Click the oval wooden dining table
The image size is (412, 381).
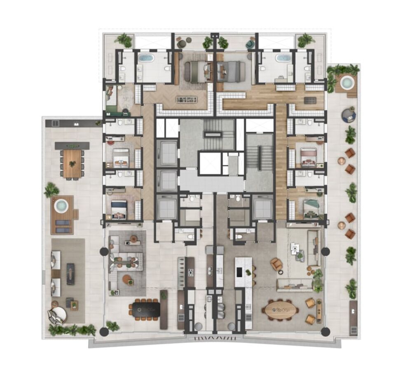pyautogui.click(x=281, y=310)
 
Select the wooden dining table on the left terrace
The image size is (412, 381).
pyautogui.click(x=73, y=163)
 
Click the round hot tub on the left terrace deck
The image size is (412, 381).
pyautogui.click(x=61, y=205)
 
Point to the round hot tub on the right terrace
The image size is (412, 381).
pyautogui.click(x=347, y=83)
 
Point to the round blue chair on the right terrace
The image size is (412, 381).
pyautogui.click(x=349, y=115)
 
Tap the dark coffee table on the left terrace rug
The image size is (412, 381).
pyautogui.click(x=71, y=273)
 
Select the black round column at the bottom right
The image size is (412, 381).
pyautogui.click(x=325, y=331)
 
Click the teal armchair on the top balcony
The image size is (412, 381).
pyautogui.click(x=250, y=44)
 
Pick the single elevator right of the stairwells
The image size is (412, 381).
pyautogui.click(x=262, y=208)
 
